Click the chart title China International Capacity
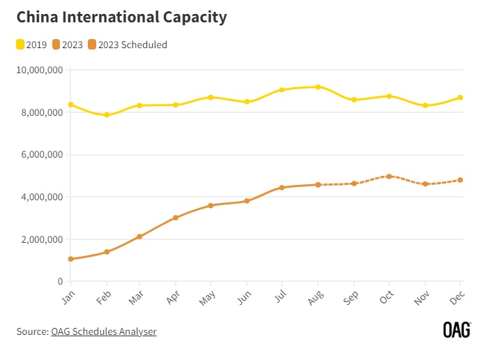(121, 17)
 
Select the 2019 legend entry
(31, 45)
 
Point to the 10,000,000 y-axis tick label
(39, 70)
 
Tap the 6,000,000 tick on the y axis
(41, 155)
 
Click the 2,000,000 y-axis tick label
(41, 239)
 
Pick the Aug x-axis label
(315, 299)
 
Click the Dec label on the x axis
(457, 299)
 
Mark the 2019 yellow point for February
(107, 115)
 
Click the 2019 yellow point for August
(318, 87)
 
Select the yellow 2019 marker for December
(460, 98)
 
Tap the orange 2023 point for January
(70, 259)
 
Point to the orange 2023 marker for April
(176, 218)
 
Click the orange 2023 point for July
(282, 188)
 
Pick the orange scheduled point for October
(389, 177)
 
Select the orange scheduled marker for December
(460, 180)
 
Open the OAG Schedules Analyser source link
(104, 331)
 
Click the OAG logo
(457, 330)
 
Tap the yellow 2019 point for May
(211, 98)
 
